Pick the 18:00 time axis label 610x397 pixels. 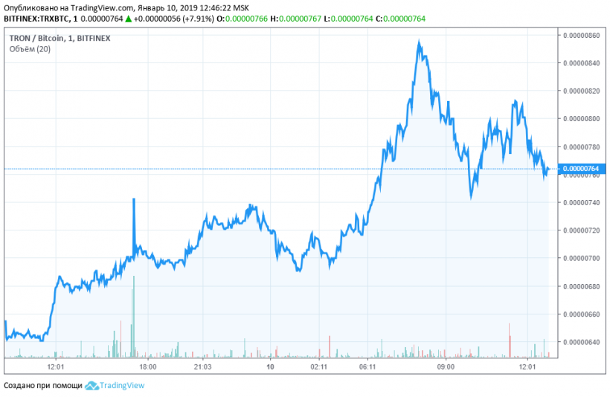147,367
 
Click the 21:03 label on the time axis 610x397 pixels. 203,367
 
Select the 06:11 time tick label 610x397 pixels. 366,367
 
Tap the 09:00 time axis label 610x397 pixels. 446,367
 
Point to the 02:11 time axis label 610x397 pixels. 320,367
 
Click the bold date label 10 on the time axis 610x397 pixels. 271,367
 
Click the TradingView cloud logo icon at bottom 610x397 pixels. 91,386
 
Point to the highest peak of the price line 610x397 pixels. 420,42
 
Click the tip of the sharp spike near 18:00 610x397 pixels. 134,199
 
